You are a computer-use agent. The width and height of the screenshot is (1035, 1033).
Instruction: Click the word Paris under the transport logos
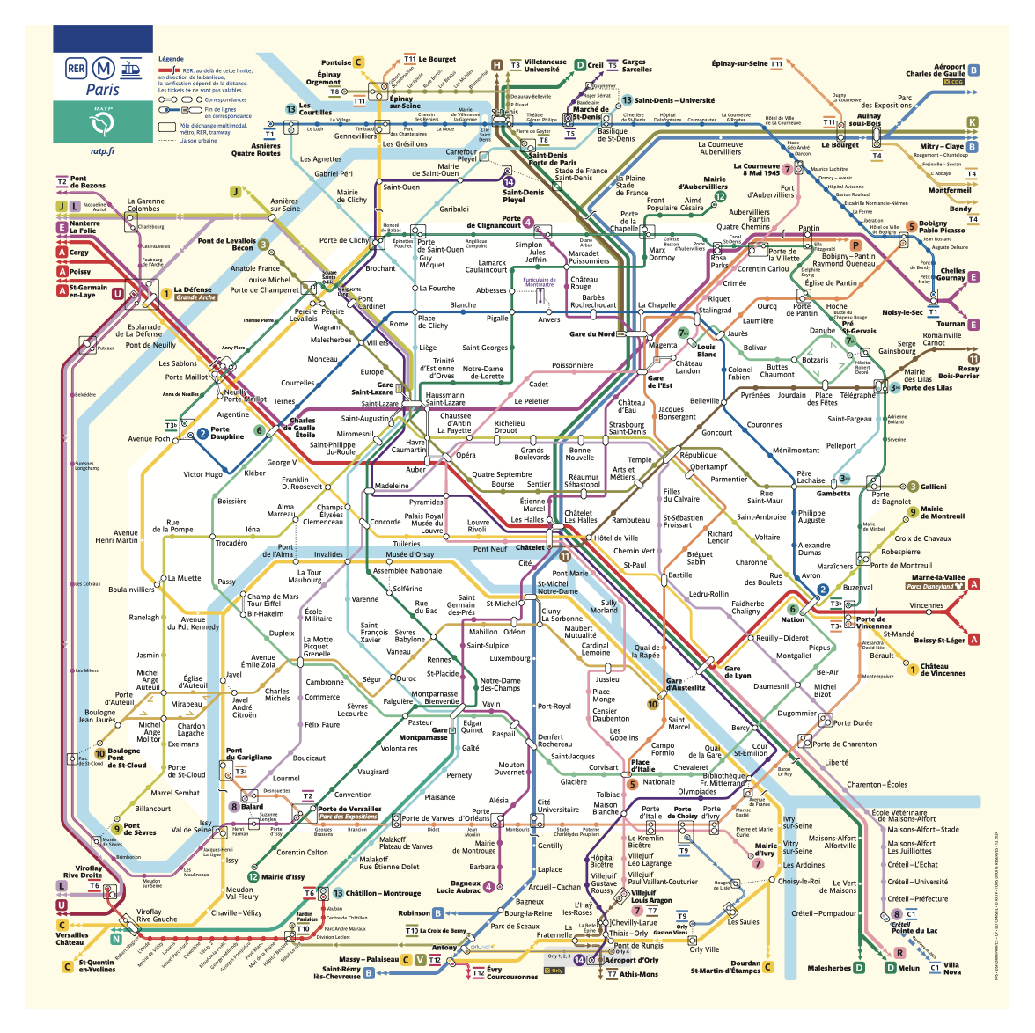(x=102, y=89)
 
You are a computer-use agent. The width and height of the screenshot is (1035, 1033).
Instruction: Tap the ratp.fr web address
(x=102, y=150)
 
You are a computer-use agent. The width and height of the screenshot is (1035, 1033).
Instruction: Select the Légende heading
(x=171, y=59)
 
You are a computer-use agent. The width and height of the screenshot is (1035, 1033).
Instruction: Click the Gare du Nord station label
(x=591, y=334)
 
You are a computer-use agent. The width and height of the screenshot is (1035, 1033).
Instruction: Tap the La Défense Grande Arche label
(x=194, y=293)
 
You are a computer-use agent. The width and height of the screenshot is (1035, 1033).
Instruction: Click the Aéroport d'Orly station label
(x=631, y=960)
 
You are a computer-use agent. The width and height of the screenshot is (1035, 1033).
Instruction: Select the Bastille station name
(x=679, y=575)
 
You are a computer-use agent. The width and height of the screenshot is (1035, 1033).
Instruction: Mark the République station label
(x=698, y=455)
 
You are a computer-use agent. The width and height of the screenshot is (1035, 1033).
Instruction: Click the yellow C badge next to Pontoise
(x=358, y=62)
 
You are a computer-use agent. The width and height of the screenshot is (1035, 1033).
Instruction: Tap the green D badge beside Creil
(x=580, y=65)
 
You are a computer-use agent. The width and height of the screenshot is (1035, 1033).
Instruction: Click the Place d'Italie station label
(x=642, y=766)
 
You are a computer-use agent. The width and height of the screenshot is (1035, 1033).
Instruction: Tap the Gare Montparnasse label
(x=423, y=734)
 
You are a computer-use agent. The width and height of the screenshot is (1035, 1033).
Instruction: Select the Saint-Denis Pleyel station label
(x=523, y=195)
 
